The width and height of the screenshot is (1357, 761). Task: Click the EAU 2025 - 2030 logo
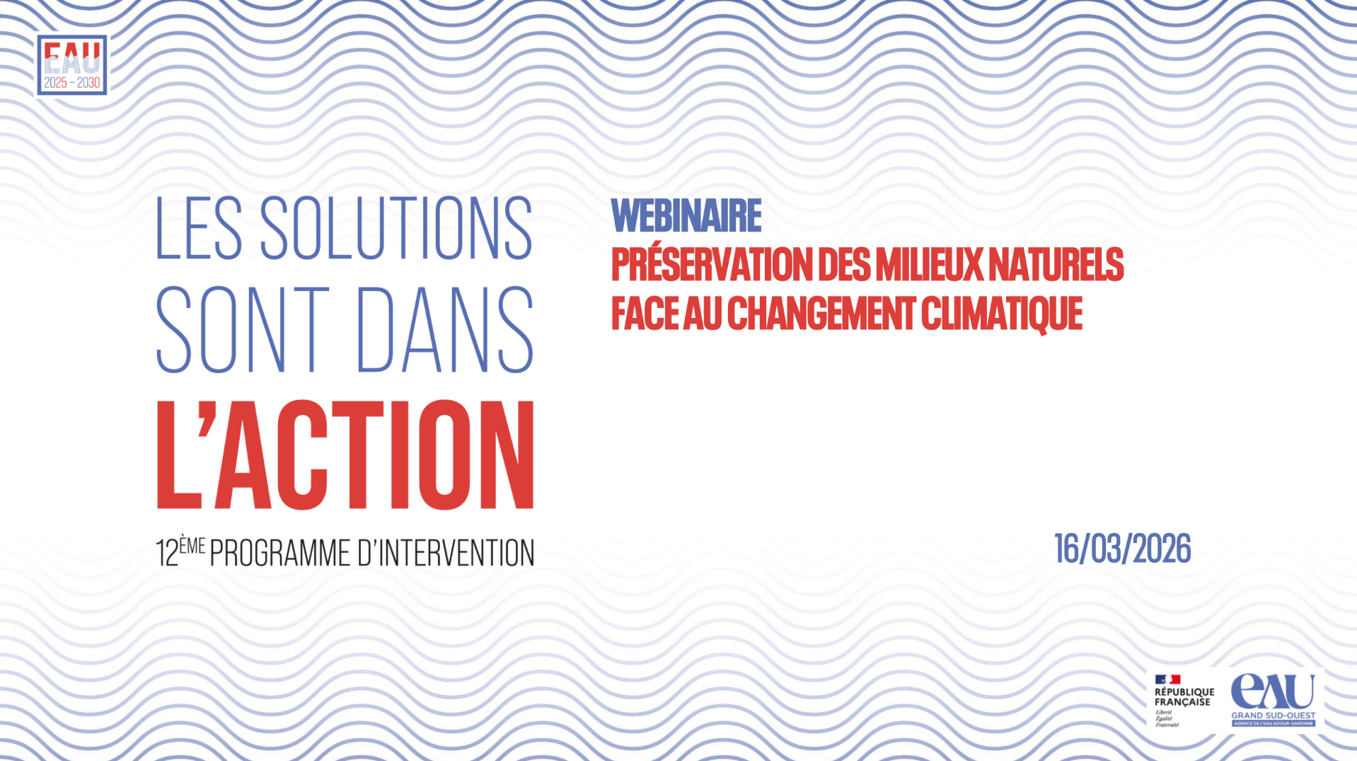pos(71,65)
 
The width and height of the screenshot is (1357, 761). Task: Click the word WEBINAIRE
pos(686,216)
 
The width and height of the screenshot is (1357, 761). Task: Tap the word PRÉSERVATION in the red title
pos(712,265)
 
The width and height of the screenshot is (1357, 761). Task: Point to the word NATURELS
pos(1056,265)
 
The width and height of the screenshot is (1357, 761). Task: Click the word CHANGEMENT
pos(821,314)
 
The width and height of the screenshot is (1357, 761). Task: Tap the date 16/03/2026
pos(1122,549)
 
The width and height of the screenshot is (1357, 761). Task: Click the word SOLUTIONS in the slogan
pos(396,228)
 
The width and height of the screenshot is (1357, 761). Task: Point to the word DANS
pos(445,330)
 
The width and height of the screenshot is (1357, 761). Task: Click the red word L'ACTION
pos(345,454)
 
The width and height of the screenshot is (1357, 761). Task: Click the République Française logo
pos(1184,700)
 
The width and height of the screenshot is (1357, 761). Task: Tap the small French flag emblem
pos(1167,680)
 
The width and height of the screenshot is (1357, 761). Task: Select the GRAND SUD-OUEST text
pos(1273,716)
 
